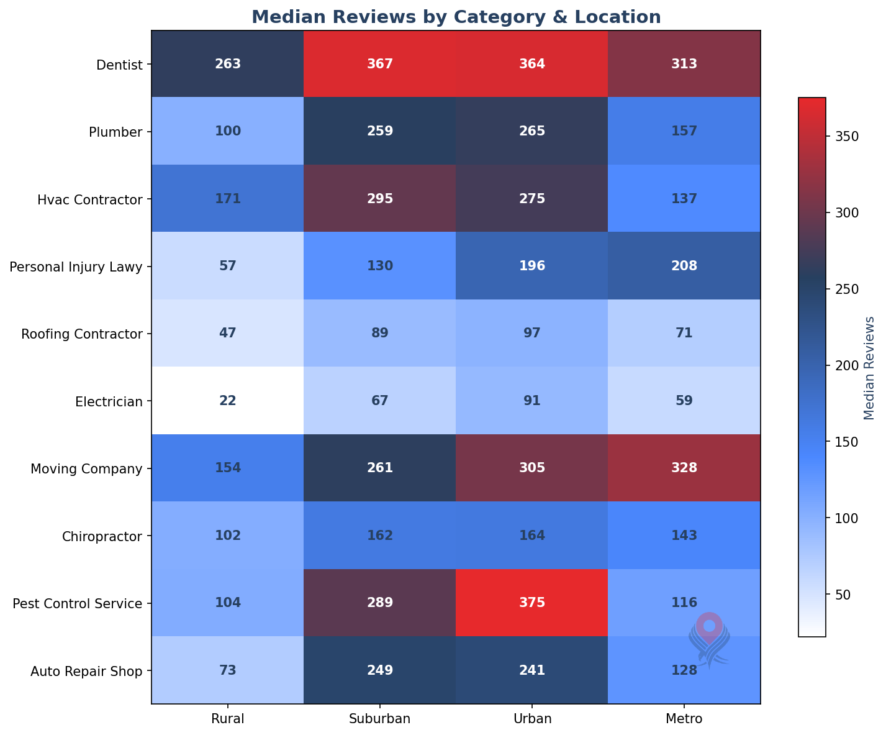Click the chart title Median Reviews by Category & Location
pos(456,17)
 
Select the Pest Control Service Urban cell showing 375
pos(531,603)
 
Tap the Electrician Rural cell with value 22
pos(227,401)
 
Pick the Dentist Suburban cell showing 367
pos(379,63)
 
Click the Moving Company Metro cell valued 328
pos(684,468)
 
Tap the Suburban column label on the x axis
pos(379,719)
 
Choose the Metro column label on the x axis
pos(684,719)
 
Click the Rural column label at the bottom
pos(227,719)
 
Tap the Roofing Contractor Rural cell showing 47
pos(227,333)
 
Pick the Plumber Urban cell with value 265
pos(531,131)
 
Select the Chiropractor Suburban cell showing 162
pos(379,536)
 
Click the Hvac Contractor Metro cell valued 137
pos(684,199)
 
